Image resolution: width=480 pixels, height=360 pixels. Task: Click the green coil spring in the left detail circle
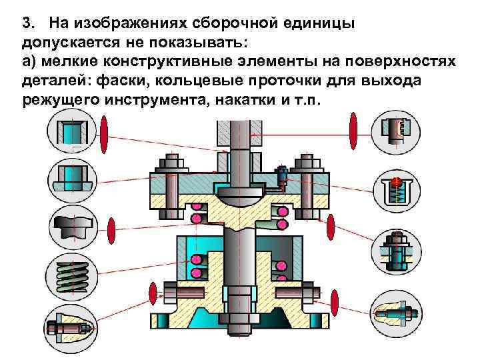[69, 274]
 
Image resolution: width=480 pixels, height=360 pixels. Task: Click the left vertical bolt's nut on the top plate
[171, 162]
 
